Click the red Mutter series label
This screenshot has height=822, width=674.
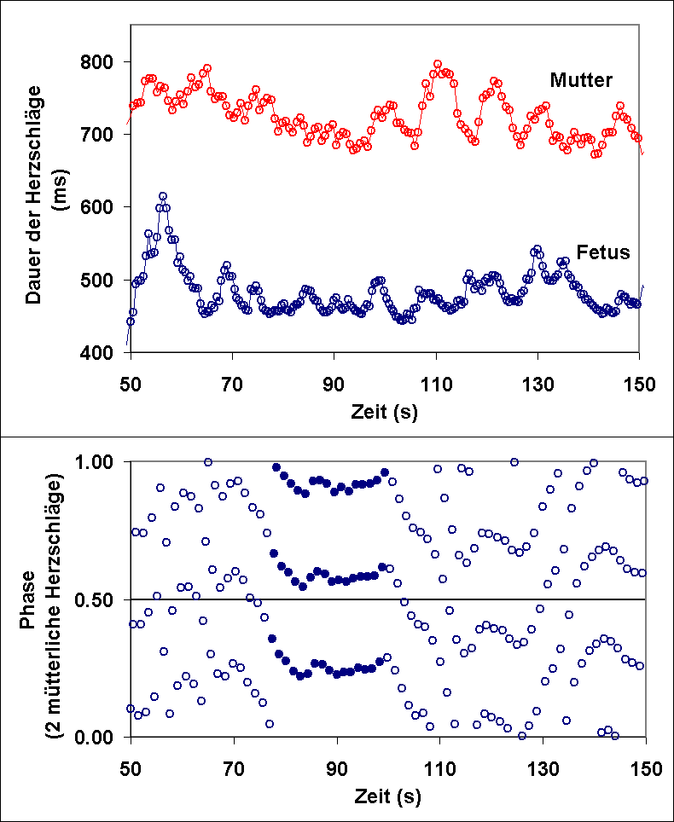pos(581,80)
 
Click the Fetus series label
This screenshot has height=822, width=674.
pos(602,252)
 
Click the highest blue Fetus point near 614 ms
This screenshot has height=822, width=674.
pos(163,196)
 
